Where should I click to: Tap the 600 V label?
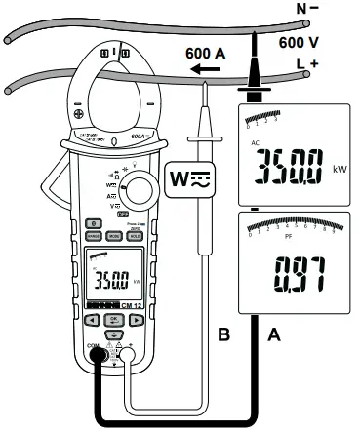point(300,44)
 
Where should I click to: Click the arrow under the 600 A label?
point(204,70)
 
